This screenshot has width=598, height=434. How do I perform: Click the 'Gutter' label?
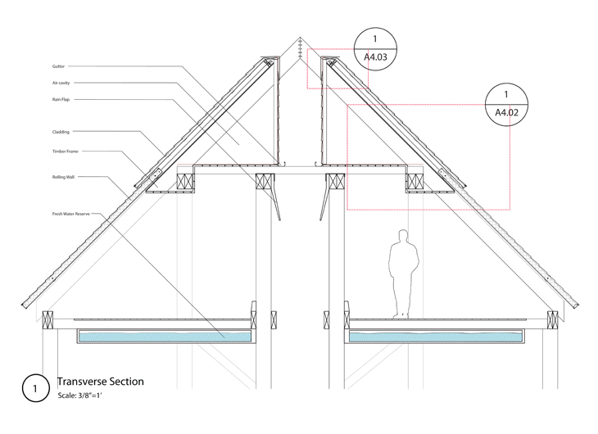pyautogui.click(x=58, y=66)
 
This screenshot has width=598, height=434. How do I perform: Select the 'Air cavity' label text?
pyautogui.click(x=61, y=83)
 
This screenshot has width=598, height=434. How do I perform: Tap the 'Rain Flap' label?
pyautogui.click(x=61, y=99)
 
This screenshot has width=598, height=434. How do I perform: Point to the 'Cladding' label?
pyautogui.click(x=61, y=131)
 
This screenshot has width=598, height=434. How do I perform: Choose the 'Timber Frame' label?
pyautogui.click(x=64, y=151)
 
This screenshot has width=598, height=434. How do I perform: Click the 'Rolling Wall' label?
pyautogui.click(x=63, y=176)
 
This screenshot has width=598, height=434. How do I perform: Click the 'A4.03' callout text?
pyautogui.click(x=374, y=59)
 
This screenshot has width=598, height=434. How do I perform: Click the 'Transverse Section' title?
pyautogui.click(x=100, y=382)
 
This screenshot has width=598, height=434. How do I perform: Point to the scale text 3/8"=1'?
pyautogui.click(x=80, y=396)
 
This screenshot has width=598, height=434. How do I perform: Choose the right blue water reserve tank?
pyautogui.click(x=436, y=336)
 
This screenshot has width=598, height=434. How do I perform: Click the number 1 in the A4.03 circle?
pyautogui.click(x=374, y=38)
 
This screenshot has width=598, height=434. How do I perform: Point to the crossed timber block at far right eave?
pyautogui.click(x=553, y=319)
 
